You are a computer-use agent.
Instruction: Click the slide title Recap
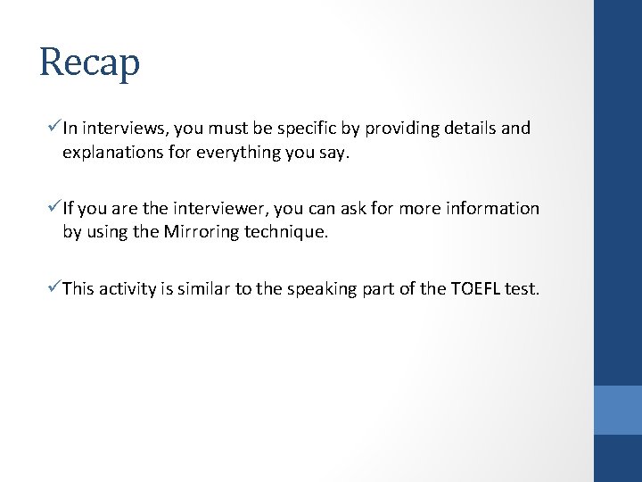pos(90,63)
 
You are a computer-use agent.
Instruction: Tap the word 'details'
pos(465,129)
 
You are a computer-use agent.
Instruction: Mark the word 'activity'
pos(128,289)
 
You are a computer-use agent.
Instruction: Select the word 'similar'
pos(207,289)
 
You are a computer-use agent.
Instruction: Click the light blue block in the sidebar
pos(617,410)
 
